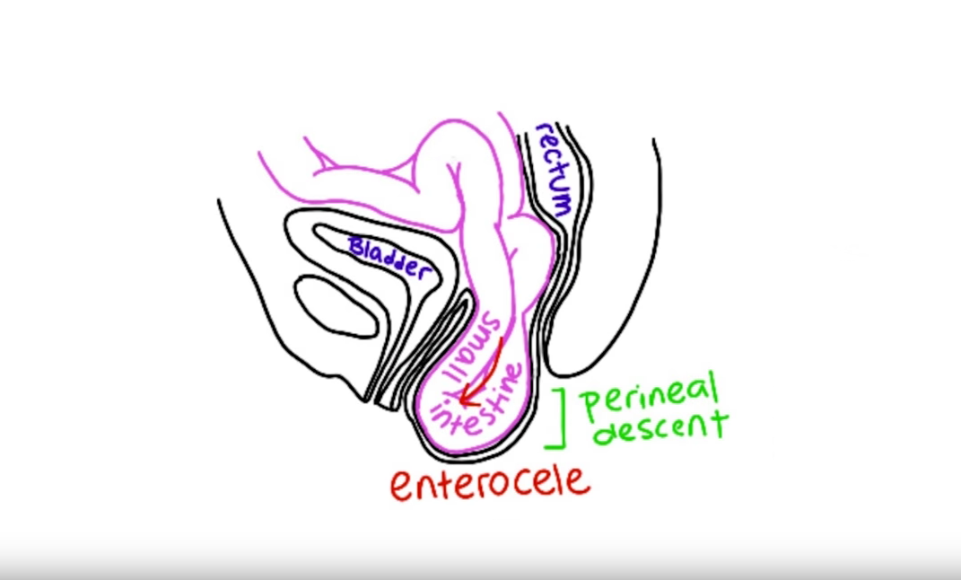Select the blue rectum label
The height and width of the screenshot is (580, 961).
pyautogui.click(x=554, y=169)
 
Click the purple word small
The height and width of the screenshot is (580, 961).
pyautogui.click(x=476, y=346)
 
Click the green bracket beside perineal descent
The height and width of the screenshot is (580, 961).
pyautogui.click(x=559, y=419)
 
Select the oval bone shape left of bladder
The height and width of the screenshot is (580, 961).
pyautogui.click(x=336, y=306)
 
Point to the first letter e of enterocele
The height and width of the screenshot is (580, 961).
pyautogui.click(x=402, y=488)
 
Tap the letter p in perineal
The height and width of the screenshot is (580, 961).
pyautogui.click(x=589, y=406)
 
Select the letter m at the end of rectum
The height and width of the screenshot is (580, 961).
pyautogui.click(x=562, y=205)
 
